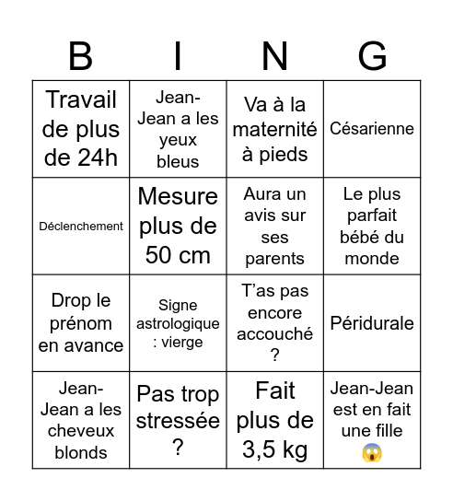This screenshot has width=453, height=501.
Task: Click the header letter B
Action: coord(81,56)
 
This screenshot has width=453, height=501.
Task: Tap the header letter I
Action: coord(178,56)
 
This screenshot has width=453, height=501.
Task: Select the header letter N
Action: coord(274,56)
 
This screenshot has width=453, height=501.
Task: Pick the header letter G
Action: coord(372,56)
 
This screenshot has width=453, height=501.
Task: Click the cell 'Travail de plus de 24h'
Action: coord(81,129)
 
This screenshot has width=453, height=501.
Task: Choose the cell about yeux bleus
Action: coord(178,129)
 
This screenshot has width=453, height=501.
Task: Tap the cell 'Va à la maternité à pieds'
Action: coord(274,129)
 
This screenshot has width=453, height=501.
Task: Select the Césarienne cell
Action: coord(372,129)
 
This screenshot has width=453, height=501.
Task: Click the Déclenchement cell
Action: coord(81,226)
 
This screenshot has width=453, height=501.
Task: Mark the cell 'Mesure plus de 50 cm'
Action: coord(178,226)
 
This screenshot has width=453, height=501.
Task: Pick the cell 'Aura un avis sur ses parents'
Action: coord(274,226)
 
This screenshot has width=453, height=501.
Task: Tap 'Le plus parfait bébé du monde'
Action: coord(372,226)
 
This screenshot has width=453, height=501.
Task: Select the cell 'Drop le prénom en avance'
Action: coord(81,323)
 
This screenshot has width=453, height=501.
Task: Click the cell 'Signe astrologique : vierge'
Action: coord(178,323)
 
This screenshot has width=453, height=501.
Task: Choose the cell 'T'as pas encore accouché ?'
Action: coord(274,323)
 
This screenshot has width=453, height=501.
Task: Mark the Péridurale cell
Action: coord(372,323)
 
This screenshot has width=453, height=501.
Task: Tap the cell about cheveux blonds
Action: coord(81,420)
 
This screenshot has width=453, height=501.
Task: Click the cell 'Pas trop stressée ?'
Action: coord(178,420)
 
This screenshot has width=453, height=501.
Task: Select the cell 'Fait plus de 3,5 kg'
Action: coord(274,420)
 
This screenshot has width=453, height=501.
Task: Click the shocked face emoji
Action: coord(372,452)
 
